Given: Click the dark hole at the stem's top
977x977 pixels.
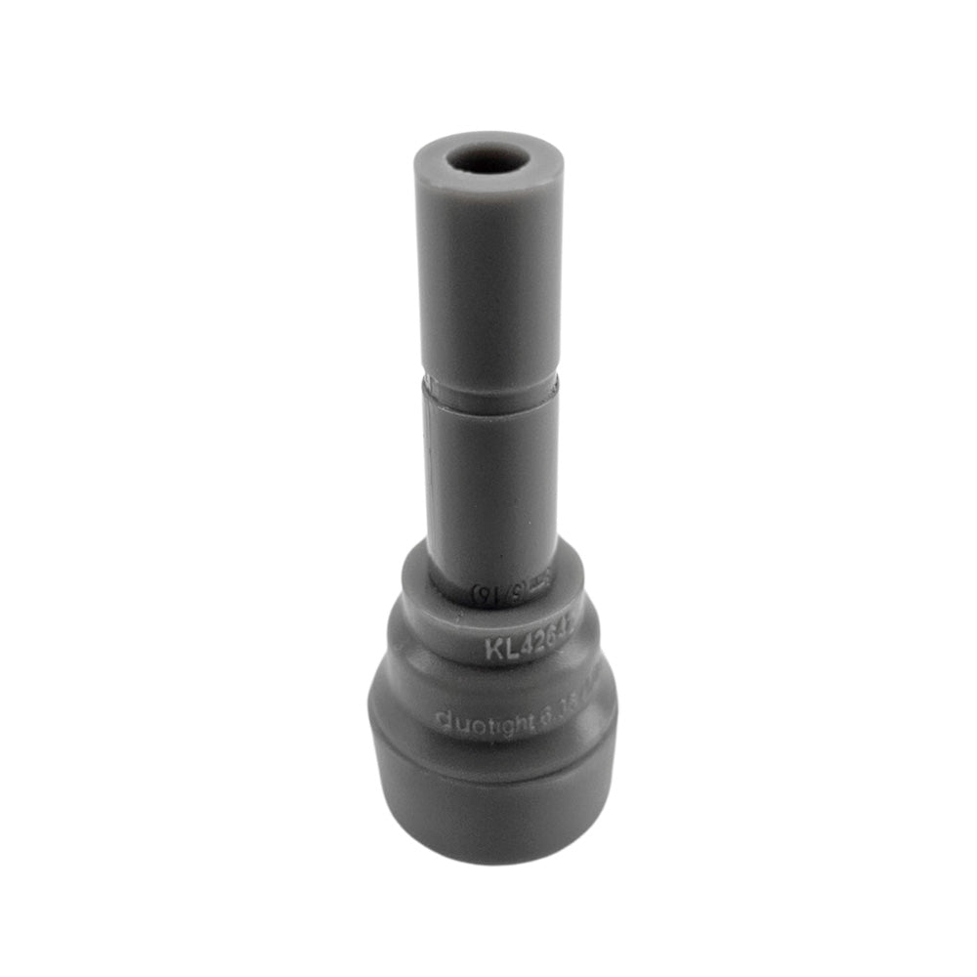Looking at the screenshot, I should pos(488,159).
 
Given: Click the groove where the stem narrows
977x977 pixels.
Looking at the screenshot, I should pos(491,389).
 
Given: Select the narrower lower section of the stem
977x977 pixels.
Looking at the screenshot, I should pos(491,488).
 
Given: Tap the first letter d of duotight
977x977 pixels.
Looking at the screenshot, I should pos(441,722).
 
